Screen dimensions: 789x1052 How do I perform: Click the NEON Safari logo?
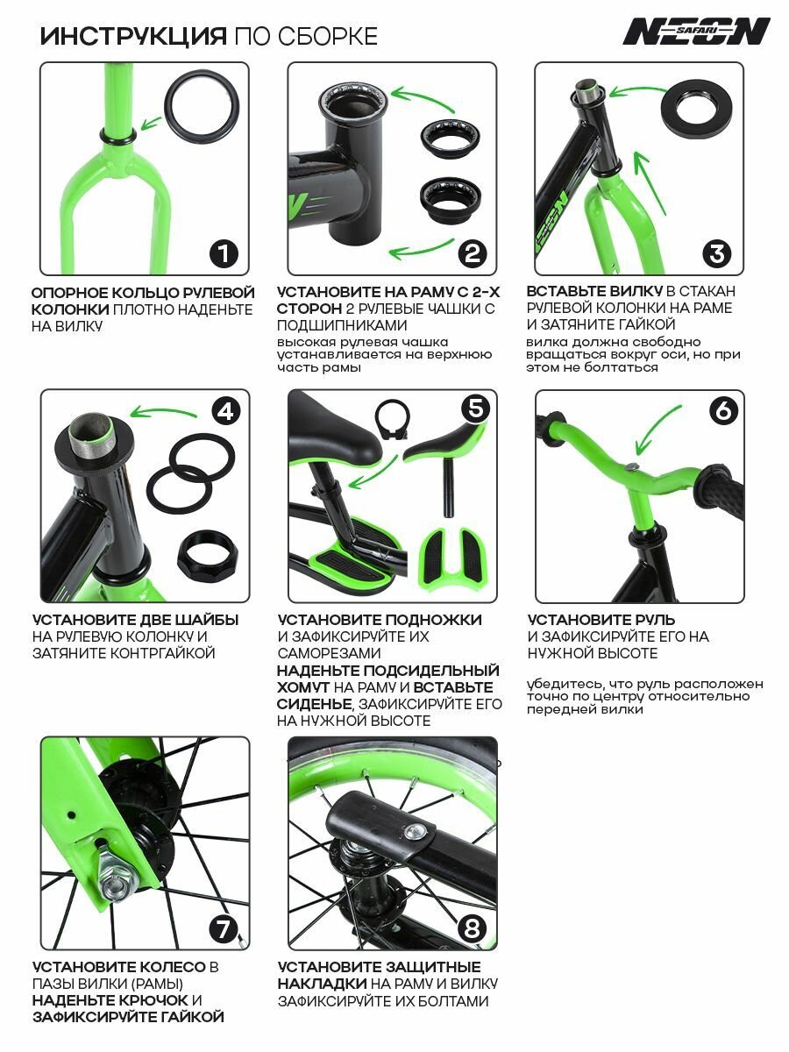point(696,32)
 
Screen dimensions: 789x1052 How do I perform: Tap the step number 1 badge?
point(224,253)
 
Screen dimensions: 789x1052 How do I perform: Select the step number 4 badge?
point(225,412)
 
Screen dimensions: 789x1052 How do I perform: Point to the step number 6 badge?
point(723,411)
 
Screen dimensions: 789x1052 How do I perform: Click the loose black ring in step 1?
point(202,107)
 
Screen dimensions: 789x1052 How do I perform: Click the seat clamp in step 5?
point(394,420)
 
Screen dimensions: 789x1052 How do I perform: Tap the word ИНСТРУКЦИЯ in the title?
point(133,37)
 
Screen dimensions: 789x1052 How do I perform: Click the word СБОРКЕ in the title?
point(328,37)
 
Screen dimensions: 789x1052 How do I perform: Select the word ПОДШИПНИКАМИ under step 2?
point(342,325)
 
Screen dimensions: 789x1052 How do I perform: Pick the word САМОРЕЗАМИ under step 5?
point(329,653)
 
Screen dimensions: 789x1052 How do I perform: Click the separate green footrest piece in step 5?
point(453,556)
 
